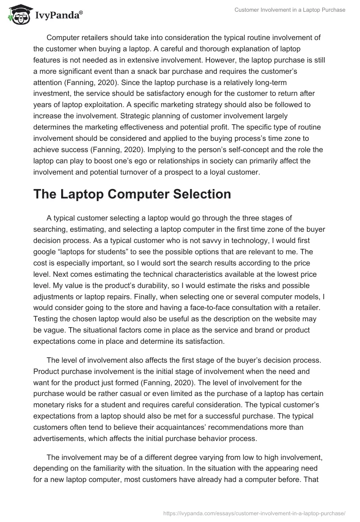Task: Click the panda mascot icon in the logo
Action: click(x=17, y=14)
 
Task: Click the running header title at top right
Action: click(x=290, y=10)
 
